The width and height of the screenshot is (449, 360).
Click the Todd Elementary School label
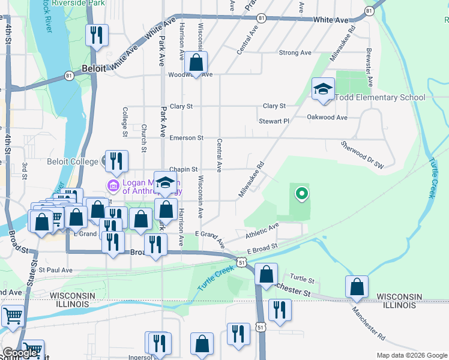click(x=381, y=98)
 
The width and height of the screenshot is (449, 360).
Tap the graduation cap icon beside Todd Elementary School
click(x=323, y=90)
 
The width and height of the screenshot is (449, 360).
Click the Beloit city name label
click(x=94, y=68)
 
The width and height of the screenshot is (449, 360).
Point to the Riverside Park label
click(x=78, y=3)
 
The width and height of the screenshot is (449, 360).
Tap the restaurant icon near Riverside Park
click(x=96, y=35)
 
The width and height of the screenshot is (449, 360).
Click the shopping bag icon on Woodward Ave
click(x=196, y=62)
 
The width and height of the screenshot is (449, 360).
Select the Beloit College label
click(x=73, y=161)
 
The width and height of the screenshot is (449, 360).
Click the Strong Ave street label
click(x=295, y=53)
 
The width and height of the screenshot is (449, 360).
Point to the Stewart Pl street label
click(x=274, y=121)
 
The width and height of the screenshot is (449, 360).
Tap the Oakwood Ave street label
click(x=327, y=118)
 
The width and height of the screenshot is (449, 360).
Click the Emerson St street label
click(x=186, y=138)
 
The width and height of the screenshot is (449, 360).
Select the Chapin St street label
click(x=183, y=170)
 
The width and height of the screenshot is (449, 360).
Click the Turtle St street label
click(x=302, y=279)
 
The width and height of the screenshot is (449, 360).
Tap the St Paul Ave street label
click(x=55, y=271)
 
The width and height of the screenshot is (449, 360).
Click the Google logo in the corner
click(x=20, y=353)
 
